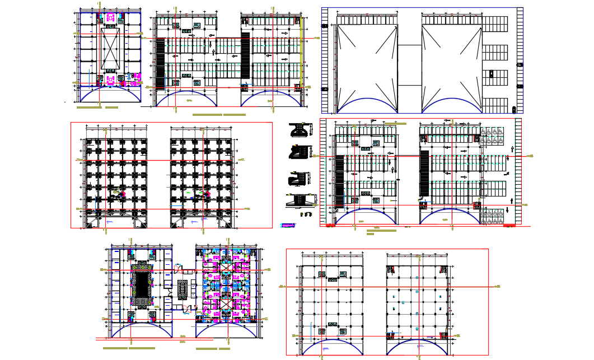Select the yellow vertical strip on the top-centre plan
pyautogui.click(x=301, y=53)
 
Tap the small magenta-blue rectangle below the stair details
pyautogui.click(x=288, y=226)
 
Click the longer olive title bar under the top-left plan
pyautogui.click(x=88, y=107)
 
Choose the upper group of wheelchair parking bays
pyautogui.click(x=492, y=136)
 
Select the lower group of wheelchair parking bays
pyautogui.click(x=492, y=216)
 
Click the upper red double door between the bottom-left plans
pyautogui.click(x=177, y=268)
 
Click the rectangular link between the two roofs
pyautogui.click(x=409, y=65)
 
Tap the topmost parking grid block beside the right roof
pyautogui.click(x=495, y=25)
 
